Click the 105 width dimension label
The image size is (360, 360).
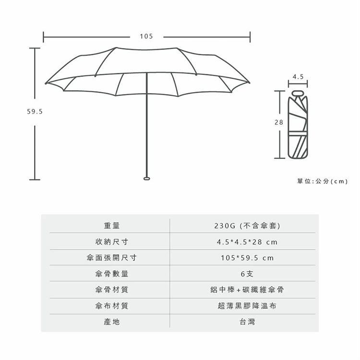[146, 36]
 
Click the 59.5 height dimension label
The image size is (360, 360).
[35, 111]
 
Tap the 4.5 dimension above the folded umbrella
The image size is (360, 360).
[298, 77]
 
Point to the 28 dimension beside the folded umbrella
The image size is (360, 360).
[279, 122]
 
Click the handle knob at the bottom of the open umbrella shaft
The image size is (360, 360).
[147, 179]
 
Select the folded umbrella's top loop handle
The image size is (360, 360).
[298, 93]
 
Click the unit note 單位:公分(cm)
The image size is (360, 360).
[323, 181]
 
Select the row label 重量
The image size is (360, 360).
[112, 226]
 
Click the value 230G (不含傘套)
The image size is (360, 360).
[247, 226]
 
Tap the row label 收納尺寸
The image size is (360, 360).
[112, 241]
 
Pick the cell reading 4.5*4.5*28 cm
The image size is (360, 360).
[247, 242]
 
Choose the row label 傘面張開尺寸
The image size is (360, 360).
[112, 258]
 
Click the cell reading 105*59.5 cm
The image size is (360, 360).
[247, 258]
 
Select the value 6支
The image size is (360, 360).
[247, 274]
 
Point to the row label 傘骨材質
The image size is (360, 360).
[112, 290]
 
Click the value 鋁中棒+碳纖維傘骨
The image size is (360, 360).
[247, 290]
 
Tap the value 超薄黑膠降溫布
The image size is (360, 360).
[247, 306]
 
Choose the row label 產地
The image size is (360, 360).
[112, 322]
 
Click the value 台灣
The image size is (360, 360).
[247, 322]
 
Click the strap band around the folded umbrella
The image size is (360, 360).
[298, 133]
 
